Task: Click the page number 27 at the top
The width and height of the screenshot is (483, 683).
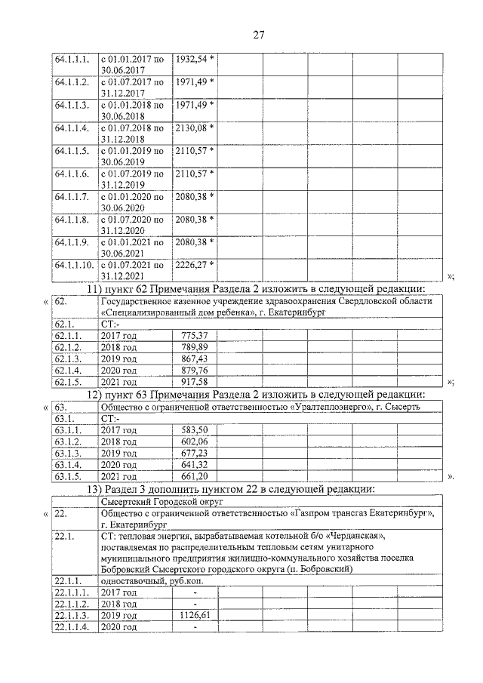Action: (x=257, y=34)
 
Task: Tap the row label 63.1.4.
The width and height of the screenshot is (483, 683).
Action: (x=67, y=465)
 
